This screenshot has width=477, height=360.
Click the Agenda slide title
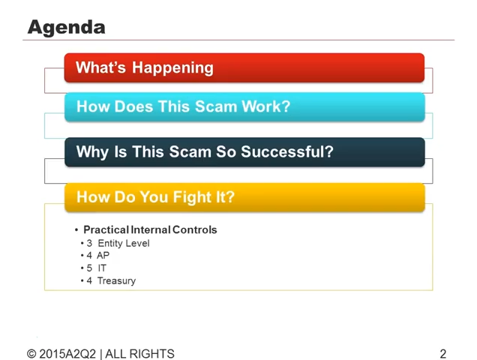coord(66,28)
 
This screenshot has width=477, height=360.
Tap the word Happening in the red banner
coord(172,67)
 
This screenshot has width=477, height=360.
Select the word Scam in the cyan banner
coord(216,106)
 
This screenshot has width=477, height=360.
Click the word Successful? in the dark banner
coord(287,151)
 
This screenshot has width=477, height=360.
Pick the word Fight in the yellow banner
coord(192,197)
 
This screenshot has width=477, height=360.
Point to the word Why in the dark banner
coord(92,152)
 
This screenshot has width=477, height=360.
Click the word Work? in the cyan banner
coord(266,106)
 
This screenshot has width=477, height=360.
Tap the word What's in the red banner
coord(100,67)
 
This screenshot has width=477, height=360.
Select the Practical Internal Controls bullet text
coord(150,229)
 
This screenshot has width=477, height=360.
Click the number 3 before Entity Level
coord(89,244)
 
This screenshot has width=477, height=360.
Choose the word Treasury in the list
coord(116,281)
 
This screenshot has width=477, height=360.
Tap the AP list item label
coord(103,255)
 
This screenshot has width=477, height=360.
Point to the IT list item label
coord(102,268)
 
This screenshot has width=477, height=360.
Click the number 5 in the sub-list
coord(89,268)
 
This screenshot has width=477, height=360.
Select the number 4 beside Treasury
coord(89,280)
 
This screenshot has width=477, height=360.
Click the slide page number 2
coord(443,354)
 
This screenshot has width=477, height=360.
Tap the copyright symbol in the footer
coord(31,354)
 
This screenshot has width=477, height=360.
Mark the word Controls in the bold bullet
coord(195,229)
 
